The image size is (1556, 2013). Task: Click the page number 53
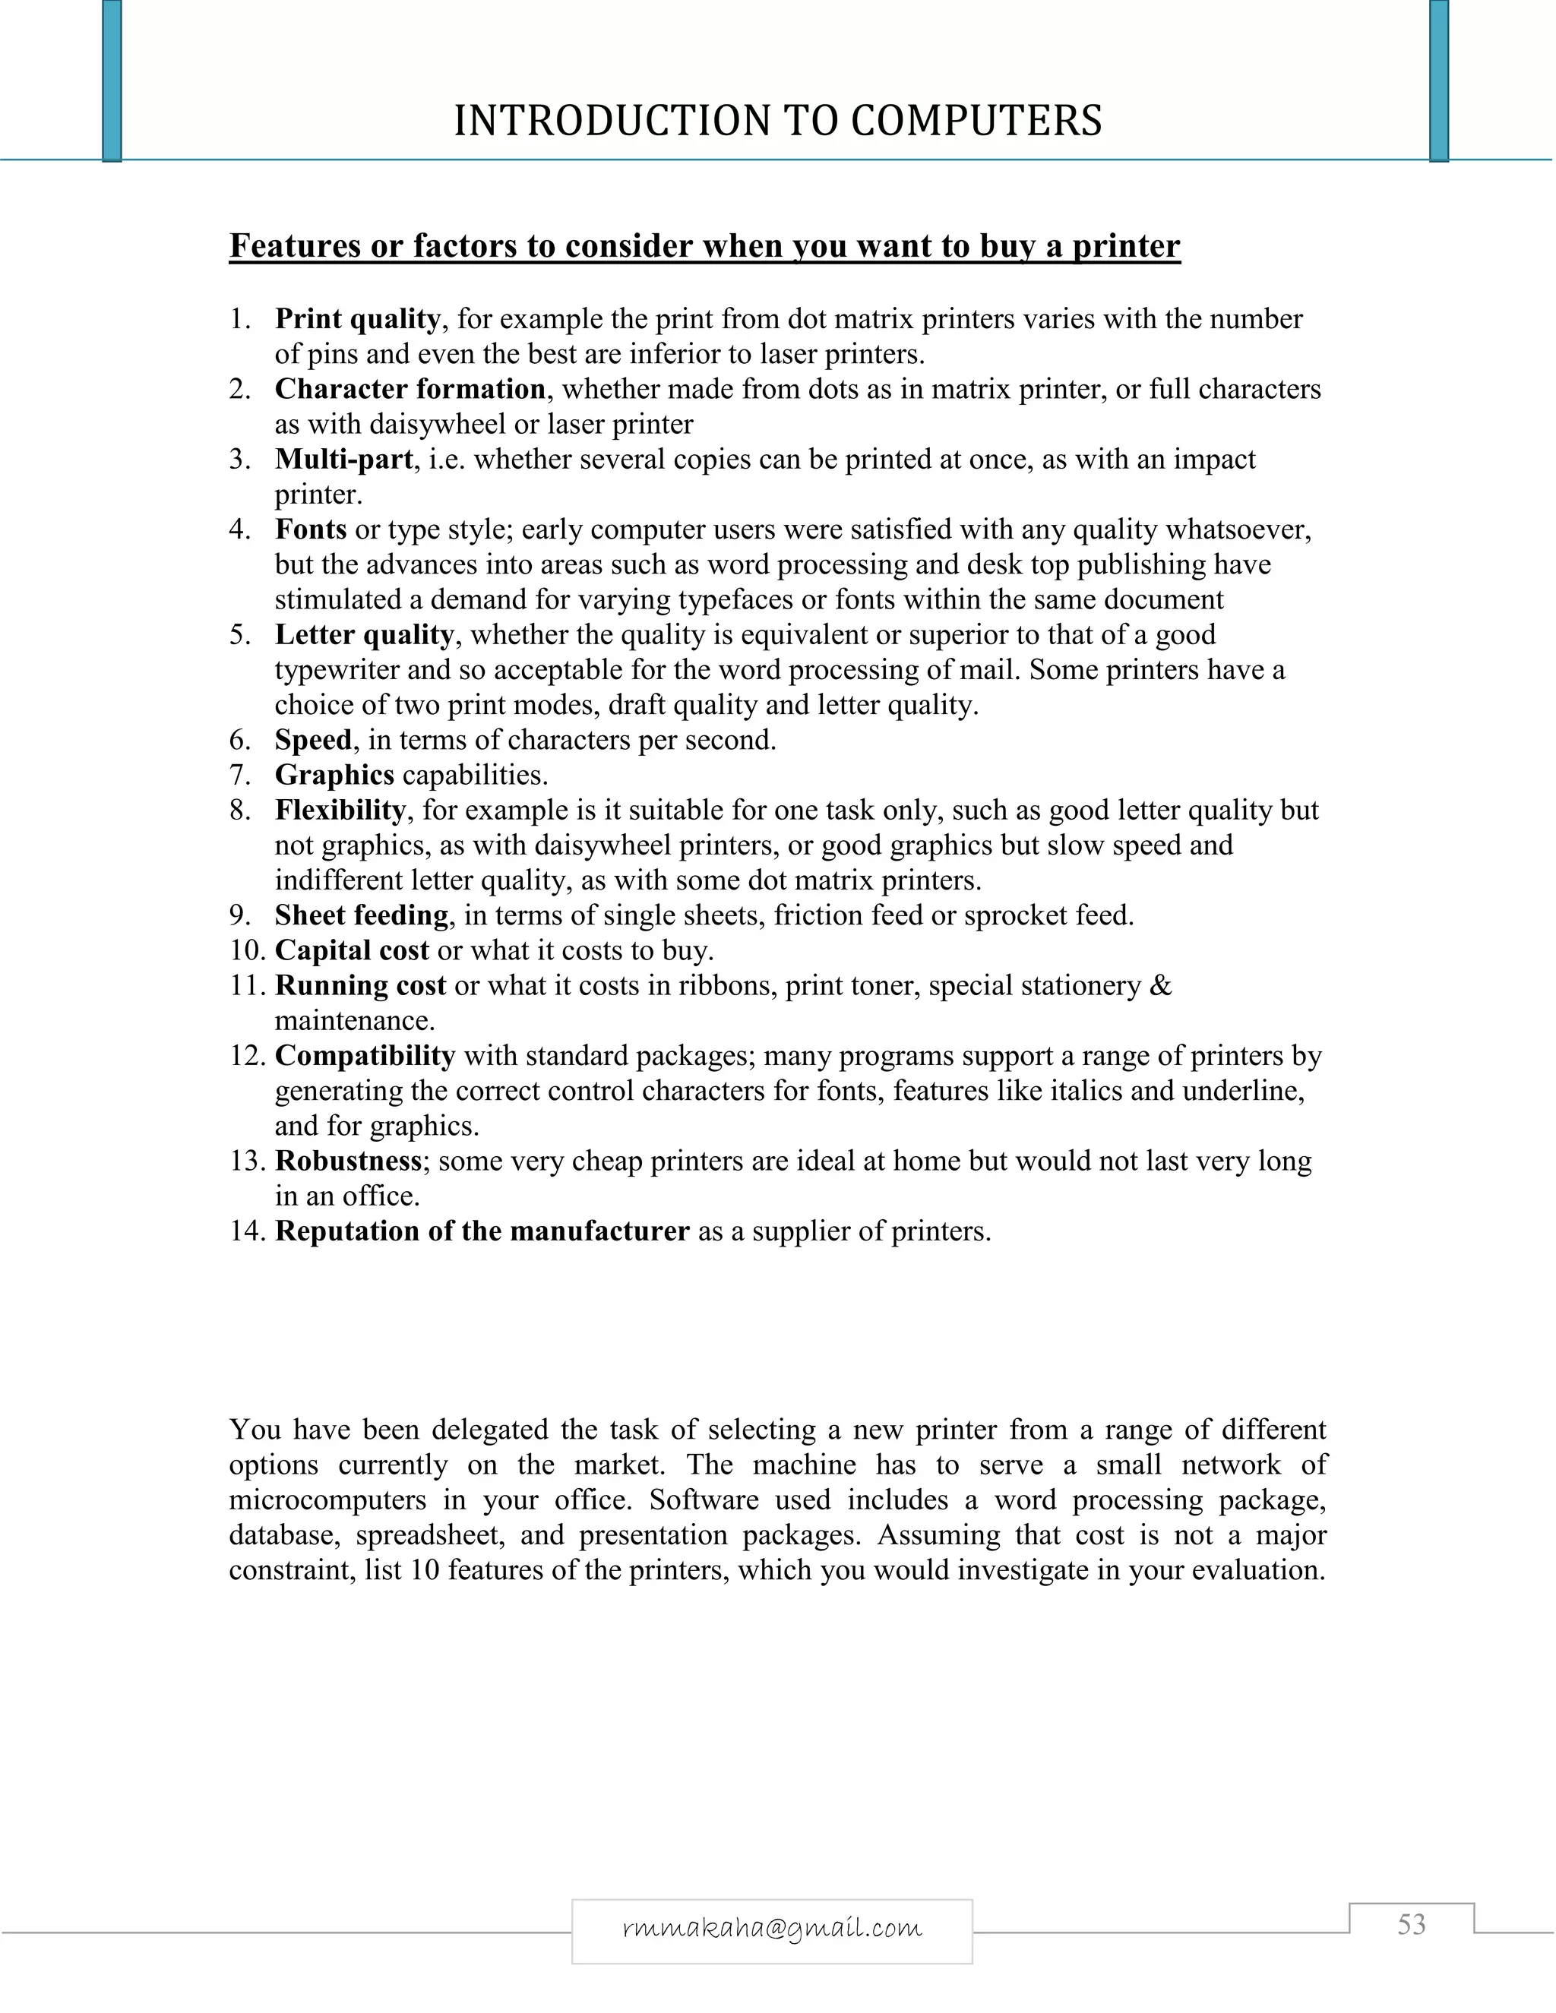1412,1925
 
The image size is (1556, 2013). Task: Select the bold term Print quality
357,319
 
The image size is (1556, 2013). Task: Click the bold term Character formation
410,389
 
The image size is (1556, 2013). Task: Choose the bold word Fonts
311,529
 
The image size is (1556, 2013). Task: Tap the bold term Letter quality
364,634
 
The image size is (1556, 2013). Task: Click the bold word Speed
314,739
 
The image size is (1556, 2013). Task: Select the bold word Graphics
334,774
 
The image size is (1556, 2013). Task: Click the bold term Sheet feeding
362,915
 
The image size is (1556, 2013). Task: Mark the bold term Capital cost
351,950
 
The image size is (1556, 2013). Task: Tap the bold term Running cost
360,985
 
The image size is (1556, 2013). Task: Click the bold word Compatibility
364,1055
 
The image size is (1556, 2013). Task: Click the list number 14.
246,1231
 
